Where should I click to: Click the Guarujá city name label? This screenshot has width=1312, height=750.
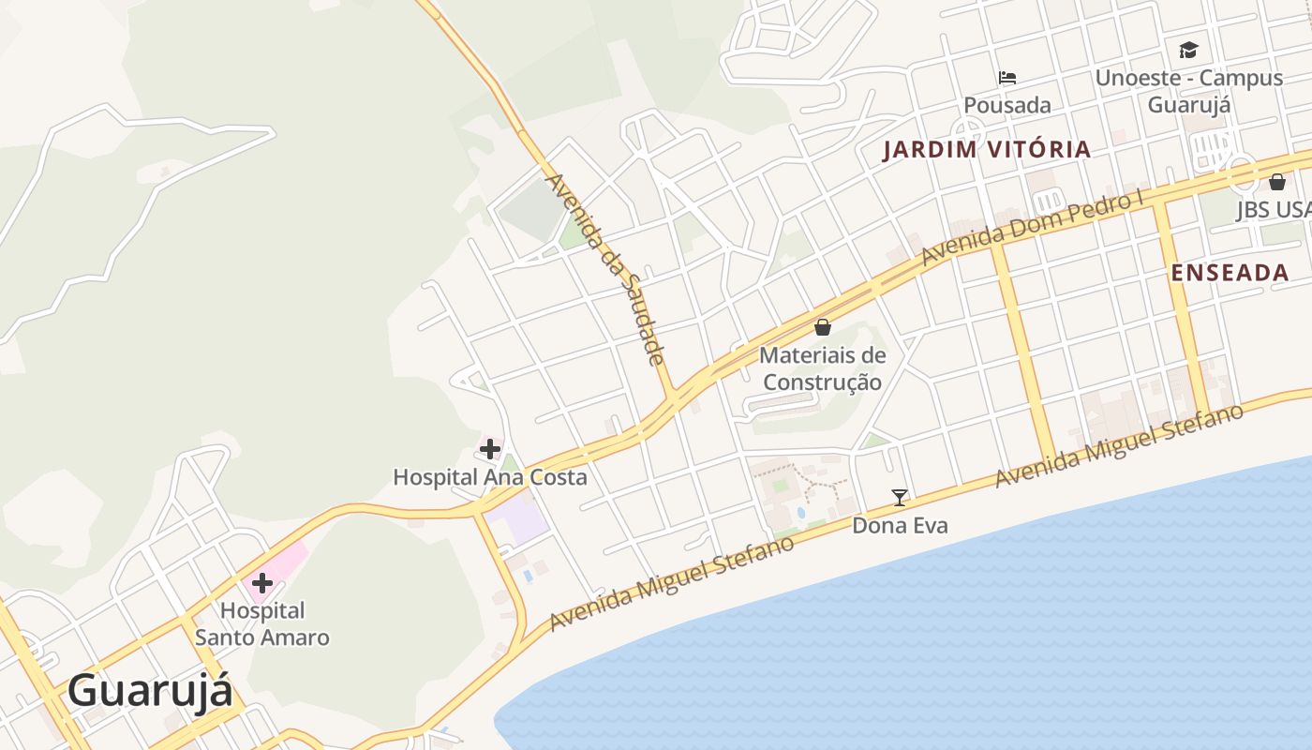click(150, 693)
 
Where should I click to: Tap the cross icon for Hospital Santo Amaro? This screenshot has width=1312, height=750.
click(262, 583)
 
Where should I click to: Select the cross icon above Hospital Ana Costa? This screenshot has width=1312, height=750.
click(489, 449)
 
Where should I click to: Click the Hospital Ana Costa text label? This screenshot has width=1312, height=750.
click(489, 477)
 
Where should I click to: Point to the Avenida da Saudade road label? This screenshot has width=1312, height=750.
click(605, 269)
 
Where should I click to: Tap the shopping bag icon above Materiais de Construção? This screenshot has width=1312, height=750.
click(823, 327)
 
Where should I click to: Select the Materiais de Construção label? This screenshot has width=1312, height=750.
click(822, 369)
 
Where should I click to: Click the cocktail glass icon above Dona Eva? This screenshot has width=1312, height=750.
click(900, 497)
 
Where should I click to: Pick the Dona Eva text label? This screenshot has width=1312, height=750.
click(900, 526)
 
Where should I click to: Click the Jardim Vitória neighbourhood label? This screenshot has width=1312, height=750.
click(987, 149)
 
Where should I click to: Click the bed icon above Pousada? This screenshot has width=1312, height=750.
click(1007, 77)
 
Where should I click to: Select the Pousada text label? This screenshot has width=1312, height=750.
click(1007, 105)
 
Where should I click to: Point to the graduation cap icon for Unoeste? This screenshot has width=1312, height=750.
click(1188, 50)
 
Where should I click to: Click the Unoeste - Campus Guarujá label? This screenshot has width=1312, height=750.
click(1188, 91)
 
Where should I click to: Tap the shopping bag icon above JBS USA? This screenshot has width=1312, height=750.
click(1277, 182)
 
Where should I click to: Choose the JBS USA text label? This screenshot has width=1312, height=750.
click(1273, 210)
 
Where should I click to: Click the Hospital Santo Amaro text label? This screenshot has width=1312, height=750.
click(262, 624)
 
